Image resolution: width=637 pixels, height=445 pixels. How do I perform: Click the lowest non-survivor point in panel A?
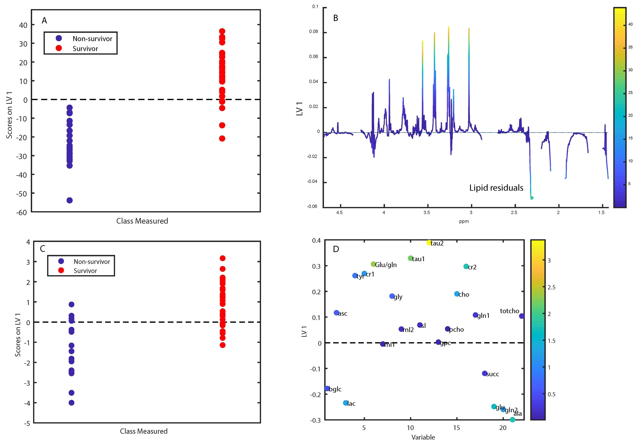click(70, 200)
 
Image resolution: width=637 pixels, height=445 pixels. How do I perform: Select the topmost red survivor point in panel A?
click(222, 31)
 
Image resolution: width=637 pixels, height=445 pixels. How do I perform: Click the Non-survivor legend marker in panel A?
click(59, 38)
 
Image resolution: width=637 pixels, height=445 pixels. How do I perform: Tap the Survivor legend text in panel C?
click(85, 271)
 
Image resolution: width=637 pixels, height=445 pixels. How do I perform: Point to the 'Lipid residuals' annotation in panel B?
click(496, 188)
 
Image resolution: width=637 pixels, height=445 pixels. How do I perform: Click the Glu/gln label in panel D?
click(386, 265)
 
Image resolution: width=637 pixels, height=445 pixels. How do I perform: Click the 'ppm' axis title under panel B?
click(464, 221)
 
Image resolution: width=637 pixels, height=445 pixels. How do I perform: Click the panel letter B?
click(336, 18)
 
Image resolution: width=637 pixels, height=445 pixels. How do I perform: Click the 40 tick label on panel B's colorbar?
click(630, 24)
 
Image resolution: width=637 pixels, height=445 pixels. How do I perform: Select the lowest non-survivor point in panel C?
click(71, 403)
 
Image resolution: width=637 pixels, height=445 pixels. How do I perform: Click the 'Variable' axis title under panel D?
click(423, 438)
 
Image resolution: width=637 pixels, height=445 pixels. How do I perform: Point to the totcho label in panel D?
click(509, 311)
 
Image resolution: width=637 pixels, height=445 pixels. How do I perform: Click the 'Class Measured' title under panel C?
click(144, 431)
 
